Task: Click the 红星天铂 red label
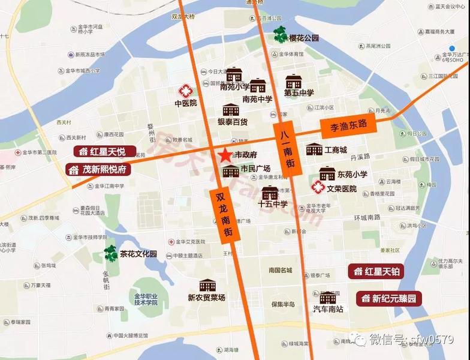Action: coord(376,272)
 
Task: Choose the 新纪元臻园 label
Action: coord(389,298)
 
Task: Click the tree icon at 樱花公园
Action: coord(280,37)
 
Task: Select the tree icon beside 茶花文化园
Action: coord(110,254)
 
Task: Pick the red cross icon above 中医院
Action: coord(186,91)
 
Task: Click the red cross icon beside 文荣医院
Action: coord(318,188)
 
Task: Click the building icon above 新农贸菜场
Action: coord(207,286)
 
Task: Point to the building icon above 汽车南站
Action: coord(328,298)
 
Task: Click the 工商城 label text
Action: coord(336,149)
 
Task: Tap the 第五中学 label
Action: coord(299,93)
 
